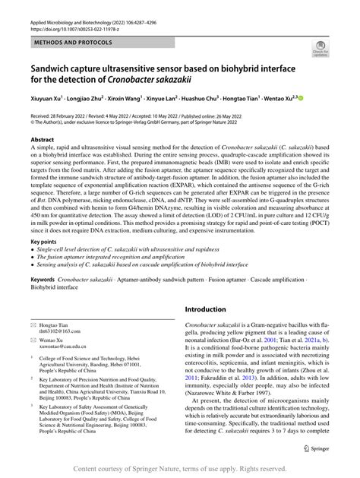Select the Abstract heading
(42, 141)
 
